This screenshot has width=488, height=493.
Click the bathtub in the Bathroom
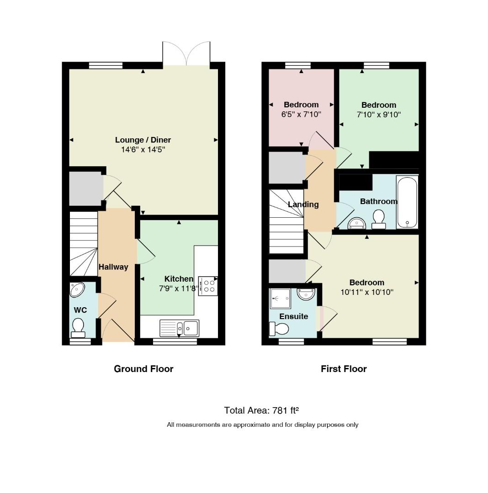coord(407,202)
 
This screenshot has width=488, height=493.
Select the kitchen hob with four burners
coord(208,286)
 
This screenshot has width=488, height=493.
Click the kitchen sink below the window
coord(179,328)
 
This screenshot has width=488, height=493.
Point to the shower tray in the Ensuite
coord(281,299)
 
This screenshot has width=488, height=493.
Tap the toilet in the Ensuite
coord(279,329)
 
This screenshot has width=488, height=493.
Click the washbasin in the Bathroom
coord(357,223)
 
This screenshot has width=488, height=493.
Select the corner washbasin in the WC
coord(77,289)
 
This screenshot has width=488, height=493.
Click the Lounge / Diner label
coord(143,140)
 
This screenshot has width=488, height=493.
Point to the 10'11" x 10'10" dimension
coord(367,292)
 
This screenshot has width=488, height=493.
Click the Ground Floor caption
coord(143,369)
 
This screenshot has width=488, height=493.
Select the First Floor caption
coord(344,369)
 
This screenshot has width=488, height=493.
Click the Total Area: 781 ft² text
coord(261,410)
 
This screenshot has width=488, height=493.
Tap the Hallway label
coord(113,267)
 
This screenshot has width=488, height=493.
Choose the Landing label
coord(303,205)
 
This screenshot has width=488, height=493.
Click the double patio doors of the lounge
coord(186,53)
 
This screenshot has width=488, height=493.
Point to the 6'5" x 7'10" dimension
coord(301,114)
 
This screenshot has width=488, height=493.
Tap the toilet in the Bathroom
coord(378,219)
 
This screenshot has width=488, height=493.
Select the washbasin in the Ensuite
coord(306,294)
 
